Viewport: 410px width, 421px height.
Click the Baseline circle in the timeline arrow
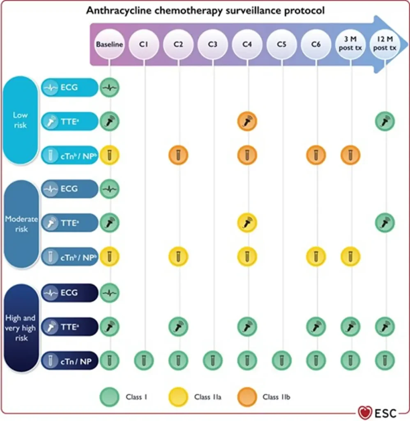click(x=109, y=44)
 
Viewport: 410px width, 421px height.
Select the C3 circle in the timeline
click(x=212, y=44)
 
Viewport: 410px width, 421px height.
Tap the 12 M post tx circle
click(x=385, y=44)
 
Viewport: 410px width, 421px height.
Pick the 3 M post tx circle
click(x=350, y=44)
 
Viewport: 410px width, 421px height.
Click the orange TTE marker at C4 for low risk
click(x=247, y=121)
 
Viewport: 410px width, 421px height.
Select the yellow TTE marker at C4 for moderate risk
click(x=247, y=223)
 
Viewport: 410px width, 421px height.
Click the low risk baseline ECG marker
click(x=109, y=88)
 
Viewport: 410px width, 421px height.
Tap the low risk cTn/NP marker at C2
click(x=178, y=155)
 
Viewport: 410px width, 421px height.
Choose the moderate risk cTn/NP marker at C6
click(x=316, y=257)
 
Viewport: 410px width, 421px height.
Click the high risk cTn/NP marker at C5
click(x=281, y=360)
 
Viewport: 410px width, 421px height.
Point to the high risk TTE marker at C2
click(x=178, y=327)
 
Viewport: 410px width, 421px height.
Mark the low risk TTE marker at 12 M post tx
click(x=385, y=121)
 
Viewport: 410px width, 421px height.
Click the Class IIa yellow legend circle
click(x=178, y=397)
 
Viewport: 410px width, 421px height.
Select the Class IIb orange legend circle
click(x=247, y=397)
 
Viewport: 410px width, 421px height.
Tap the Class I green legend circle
click(x=109, y=397)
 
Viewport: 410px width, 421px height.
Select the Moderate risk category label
click(x=21, y=224)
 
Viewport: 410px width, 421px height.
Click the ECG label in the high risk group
click(x=69, y=293)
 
